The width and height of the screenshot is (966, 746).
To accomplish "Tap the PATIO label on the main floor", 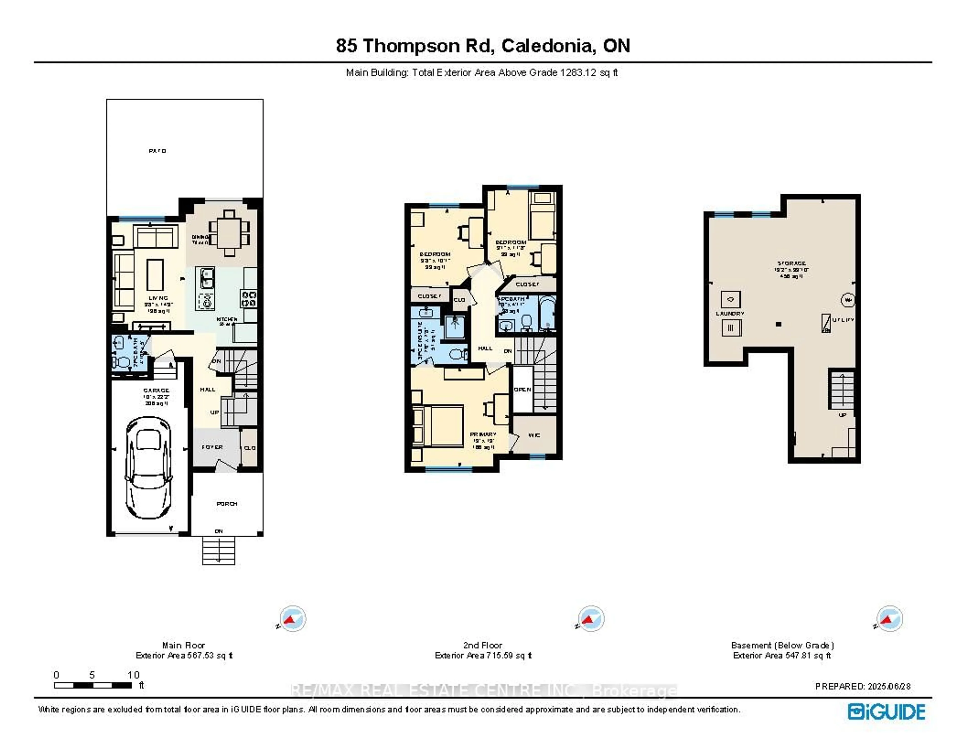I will click(x=157, y=151).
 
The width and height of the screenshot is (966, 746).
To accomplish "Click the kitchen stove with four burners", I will click(x=249, y=298).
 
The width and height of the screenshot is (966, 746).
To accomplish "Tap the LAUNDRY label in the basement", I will click(x=730, y=314).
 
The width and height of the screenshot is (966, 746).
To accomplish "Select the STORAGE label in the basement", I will click(x=792, y=263).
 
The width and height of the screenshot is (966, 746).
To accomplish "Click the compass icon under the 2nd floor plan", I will click(x=591, y=618).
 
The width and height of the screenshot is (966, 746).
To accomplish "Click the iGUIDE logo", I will click(x=886, y=712).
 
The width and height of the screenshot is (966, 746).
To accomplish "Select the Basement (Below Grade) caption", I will click(x=782, y=645).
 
